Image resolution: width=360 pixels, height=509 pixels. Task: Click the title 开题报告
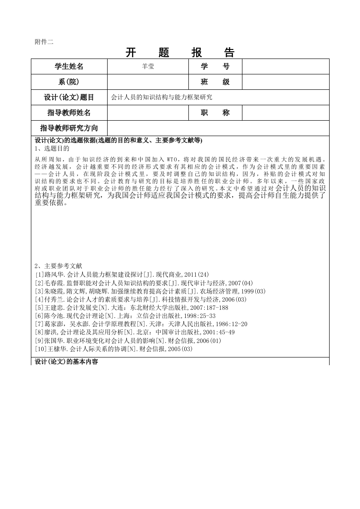(x=180, y=53)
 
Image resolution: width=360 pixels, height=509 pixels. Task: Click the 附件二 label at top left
(x=44, y=42)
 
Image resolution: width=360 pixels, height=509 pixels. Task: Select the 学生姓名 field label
(x=69, y=67)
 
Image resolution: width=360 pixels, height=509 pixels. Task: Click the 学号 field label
(x=215, y=67)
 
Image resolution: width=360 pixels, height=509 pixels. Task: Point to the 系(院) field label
(x=69, y=82)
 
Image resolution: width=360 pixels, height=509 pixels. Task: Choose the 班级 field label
(x=215, y=82)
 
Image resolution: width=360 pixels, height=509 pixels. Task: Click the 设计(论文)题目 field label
(x=69, y=98)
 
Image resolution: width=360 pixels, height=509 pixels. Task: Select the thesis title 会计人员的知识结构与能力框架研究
(x=162, y=98)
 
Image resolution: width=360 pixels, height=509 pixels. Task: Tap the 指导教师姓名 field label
(x=69, y=113)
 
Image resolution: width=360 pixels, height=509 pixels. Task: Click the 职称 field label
(x=215, y=113)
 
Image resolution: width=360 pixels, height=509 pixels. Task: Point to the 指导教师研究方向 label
(x=69, y=128)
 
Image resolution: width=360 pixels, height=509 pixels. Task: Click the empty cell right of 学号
(x=285, y=67)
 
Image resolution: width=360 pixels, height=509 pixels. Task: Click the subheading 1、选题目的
(x=52, y=148)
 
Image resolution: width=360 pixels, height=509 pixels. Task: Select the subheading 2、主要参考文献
(x=59, y=266)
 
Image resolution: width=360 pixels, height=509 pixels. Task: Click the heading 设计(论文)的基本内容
(x=66, y=362)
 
